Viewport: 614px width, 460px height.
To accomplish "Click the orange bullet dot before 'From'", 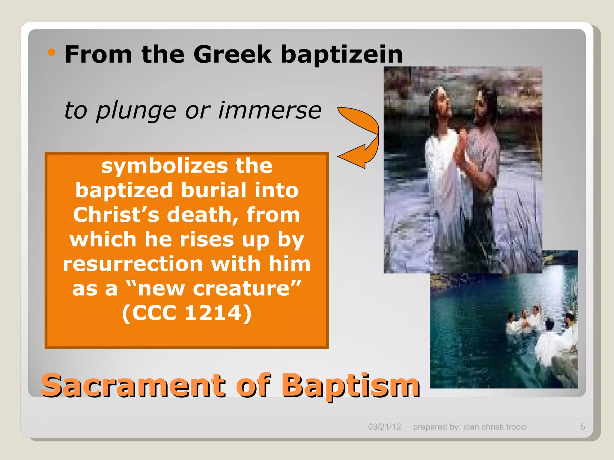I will pos(52,52).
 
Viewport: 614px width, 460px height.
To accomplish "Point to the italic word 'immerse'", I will pos(270,110).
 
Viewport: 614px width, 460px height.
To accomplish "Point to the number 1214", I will pos(213,313).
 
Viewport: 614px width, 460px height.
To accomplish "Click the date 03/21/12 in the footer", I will pos(384,427).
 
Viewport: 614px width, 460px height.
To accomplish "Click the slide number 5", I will pos(583,427).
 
